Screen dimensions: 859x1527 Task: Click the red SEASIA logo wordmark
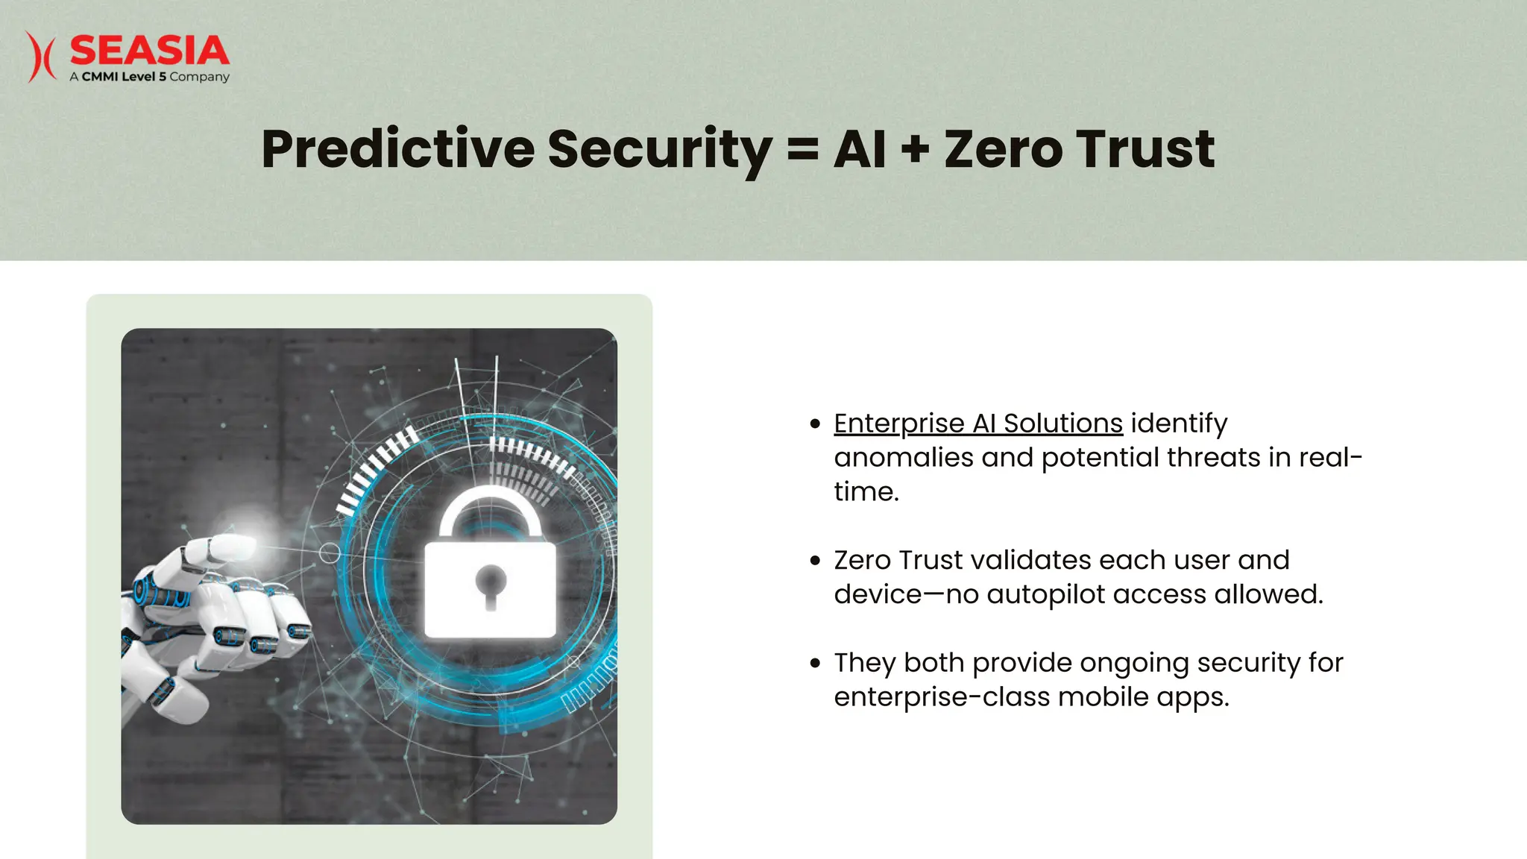click(149, 51)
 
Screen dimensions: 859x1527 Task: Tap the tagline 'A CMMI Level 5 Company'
click(149, 77)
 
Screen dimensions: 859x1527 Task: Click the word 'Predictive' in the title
click(397, 149)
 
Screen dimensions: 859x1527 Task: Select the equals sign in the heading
click(802, 149)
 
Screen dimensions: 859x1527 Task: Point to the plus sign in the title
click(915, 149)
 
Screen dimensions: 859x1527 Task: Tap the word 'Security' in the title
click(659, 149)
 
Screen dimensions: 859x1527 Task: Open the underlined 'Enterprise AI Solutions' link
click(977, 424)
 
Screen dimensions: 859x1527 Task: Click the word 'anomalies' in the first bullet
click(903, 458)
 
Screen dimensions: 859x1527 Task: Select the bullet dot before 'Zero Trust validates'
click(815, 561)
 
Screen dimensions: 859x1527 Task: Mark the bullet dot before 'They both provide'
click(815, 663)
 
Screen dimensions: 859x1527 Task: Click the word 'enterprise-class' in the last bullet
click(941, 697)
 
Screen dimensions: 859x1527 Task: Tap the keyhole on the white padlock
click(491, 585)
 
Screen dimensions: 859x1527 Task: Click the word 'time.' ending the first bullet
click(866, 492)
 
